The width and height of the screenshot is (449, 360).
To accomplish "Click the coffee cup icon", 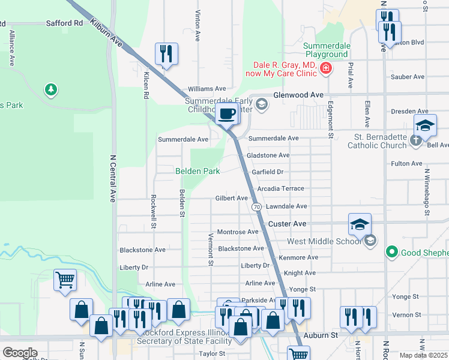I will coord(226,113).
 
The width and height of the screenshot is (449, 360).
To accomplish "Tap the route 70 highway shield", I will coord(256,206).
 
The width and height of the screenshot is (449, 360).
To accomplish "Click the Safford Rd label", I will coord(64,23).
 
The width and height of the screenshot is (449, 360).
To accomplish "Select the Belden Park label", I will coord(197,171).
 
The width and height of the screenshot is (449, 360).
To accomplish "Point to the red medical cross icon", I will coord(325,69).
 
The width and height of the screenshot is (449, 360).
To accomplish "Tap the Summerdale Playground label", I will coord(325,50).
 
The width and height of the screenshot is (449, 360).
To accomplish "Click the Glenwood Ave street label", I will coord(298,95).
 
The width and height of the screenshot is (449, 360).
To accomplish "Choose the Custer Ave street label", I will coord(288,223).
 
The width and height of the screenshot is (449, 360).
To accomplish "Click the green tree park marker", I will coord(51,90).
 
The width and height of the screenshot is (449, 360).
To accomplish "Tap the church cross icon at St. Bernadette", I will coord(417,140).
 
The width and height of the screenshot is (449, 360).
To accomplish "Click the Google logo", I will coord(19,353).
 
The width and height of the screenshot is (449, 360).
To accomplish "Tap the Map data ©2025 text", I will coord(423,355).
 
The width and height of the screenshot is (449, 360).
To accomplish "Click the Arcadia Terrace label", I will coord(280,188).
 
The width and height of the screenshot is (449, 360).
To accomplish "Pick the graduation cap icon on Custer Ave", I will coord(360,224).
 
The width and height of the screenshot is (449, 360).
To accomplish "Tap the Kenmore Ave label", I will coord(298,257).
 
